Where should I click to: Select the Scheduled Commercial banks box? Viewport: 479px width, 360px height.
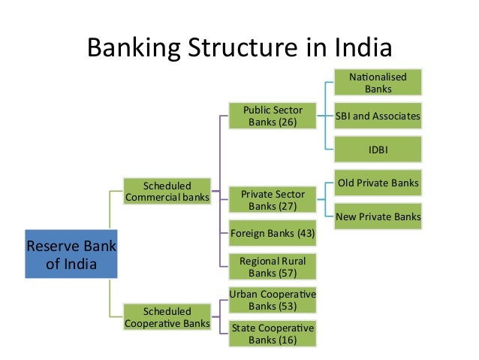[x=167, y=192]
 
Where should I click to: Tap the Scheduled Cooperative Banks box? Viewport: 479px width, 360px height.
[x=167, y=317]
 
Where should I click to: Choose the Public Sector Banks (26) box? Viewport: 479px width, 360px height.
[x=273, y=116]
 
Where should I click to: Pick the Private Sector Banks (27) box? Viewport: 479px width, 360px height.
[x=273, y=201]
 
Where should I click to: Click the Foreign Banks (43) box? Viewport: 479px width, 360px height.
[x=273, y=234]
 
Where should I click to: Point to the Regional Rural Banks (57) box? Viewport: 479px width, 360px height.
[x=273, y=267]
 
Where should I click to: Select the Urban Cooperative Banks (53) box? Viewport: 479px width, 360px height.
[x=273, y=300]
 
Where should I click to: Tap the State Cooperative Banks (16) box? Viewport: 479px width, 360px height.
[x=273, y=334]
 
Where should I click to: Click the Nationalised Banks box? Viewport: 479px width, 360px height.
[x=378, y=83]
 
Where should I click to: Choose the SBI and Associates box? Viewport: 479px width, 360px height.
[x=378, y=116]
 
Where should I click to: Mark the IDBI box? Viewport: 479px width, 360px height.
[x=378, y=150]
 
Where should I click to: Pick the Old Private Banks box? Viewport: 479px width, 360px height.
[x=378, y=183]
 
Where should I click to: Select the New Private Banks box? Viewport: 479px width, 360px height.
[x=378, y=216]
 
